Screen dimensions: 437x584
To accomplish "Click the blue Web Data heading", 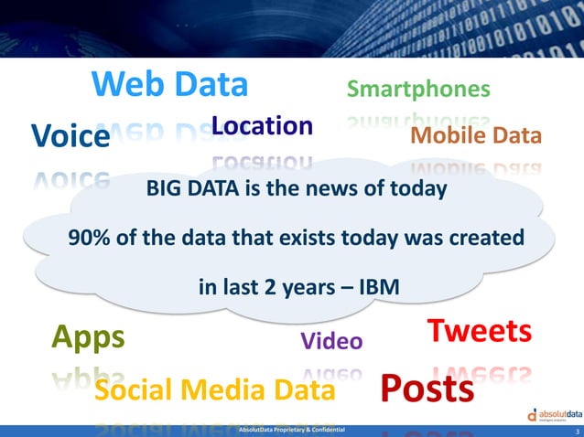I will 170,84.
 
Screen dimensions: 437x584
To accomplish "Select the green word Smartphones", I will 418,90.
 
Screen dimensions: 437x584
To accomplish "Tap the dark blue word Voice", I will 70,137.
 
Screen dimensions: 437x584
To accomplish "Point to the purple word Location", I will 262,126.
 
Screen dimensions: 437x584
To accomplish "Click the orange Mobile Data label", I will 476,136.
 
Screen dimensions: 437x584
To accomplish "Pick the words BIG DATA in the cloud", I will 189,190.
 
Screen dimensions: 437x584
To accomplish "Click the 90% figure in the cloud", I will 90,238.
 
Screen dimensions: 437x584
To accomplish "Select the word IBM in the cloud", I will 378,286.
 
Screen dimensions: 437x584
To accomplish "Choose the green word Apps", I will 88,337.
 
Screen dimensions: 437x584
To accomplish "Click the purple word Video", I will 331,342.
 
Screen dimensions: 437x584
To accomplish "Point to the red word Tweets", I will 480,331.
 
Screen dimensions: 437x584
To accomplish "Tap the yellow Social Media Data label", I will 214,390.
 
